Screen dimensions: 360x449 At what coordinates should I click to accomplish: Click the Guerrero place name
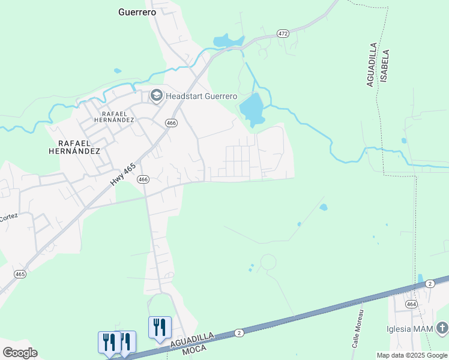[137, 11]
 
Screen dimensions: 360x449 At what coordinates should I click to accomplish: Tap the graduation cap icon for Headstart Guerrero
[156, 95]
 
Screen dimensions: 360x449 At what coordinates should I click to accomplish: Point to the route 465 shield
[20, 274]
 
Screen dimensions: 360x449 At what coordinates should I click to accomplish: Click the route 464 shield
[411, 304]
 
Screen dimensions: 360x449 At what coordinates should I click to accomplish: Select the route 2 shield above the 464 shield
[429, 283]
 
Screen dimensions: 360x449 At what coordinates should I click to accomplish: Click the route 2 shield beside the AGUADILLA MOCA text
[239, 332]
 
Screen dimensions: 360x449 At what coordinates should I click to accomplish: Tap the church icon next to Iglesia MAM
[442, 328]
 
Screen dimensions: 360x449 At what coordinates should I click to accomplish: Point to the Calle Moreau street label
[358, 329]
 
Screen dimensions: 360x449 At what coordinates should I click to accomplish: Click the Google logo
[20, 353]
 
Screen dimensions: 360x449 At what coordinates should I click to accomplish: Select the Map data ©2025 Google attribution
[412, 355]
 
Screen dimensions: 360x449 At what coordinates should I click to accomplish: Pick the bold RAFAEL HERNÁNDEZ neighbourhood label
[79, 147]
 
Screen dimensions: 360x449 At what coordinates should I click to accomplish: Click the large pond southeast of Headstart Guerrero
[252, 109]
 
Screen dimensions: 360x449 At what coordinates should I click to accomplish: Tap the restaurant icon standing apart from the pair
[160, 328]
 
